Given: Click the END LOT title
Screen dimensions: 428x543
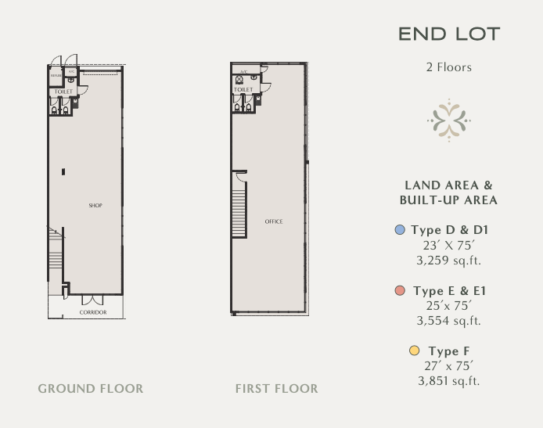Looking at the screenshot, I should (448, 34).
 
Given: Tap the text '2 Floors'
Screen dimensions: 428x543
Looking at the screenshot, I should (448, 67).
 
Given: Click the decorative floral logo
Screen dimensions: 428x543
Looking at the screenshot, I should (449, 120).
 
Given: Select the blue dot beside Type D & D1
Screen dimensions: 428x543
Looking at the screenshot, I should (400, 230).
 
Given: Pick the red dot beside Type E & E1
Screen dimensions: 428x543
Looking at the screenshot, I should (400, 290).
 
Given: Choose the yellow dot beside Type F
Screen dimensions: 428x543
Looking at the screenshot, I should (415, 351).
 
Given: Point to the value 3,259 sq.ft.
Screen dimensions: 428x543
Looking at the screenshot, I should (448, 259).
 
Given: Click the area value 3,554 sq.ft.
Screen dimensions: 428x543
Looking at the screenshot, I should (448, 320).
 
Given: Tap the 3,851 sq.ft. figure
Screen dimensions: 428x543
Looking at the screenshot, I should (448, 381).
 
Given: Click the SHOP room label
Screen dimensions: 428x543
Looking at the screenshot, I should (95, 206).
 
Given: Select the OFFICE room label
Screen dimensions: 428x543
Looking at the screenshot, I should (274, 221).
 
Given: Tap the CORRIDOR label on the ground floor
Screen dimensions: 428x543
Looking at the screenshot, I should (93, 312).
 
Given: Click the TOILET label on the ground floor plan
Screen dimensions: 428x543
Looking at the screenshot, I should (63, 92).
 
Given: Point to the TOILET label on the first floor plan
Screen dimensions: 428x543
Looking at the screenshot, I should (243, 90).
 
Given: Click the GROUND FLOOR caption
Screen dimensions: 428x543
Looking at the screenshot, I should (91, 388).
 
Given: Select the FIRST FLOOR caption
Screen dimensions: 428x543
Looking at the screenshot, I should (276, 388).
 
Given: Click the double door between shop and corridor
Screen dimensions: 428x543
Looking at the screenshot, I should (92, 299).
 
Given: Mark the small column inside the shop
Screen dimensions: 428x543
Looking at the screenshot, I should (63, 172).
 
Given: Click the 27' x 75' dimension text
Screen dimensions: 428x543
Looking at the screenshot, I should (448, 365).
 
